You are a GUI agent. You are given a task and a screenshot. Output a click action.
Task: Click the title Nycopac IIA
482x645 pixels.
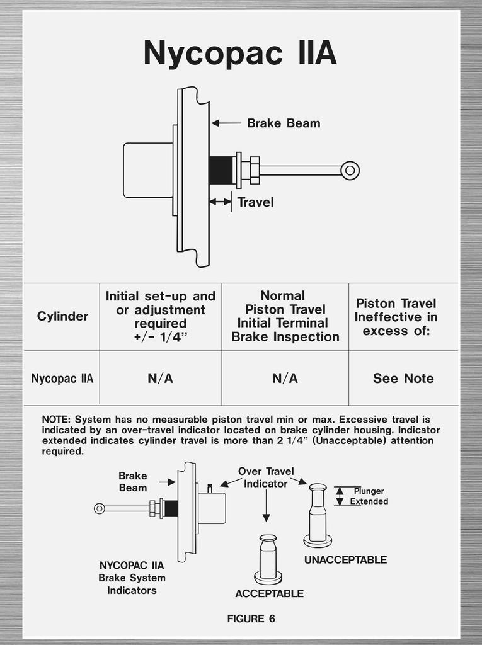240,53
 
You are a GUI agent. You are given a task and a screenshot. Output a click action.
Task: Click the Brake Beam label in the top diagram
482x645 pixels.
283,123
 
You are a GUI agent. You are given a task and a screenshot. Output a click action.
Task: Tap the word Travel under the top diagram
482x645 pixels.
255,202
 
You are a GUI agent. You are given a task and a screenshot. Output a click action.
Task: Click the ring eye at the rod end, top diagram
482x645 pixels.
350,170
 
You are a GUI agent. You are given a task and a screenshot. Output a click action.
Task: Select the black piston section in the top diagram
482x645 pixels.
221,170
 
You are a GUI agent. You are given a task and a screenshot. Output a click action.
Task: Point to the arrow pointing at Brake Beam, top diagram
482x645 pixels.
226,123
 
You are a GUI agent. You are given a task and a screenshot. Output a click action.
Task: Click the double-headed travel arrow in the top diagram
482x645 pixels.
220,202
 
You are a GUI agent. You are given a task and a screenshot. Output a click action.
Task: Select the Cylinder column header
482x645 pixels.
62,316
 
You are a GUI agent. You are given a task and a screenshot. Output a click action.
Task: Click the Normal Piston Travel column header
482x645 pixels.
285,316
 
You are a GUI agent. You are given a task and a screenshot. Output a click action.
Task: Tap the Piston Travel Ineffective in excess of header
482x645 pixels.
396,317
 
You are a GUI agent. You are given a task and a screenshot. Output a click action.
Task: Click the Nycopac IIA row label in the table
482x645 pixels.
62,379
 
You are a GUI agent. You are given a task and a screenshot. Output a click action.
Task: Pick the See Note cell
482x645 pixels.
403,379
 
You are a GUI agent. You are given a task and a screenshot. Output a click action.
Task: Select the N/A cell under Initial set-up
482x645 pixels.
160,379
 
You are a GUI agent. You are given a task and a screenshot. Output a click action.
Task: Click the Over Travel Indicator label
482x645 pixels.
265,477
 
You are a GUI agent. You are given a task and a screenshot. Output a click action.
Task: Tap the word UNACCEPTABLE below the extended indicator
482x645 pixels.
345,560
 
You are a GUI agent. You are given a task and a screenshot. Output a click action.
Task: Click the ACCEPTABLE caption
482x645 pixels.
269,593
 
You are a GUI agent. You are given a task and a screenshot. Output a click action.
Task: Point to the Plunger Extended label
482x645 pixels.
369,496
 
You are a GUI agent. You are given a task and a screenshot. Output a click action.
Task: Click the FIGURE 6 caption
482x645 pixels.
251,619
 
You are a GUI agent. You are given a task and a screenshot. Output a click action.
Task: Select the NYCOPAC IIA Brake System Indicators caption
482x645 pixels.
132,578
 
